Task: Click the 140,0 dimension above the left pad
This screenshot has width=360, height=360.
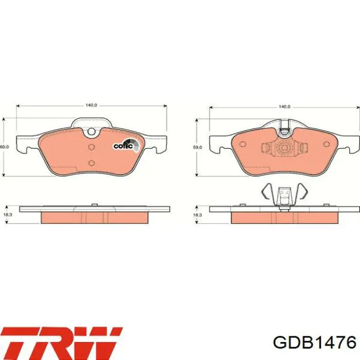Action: (x=92, y=105)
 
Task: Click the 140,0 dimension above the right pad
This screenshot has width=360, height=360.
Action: (x=284, y=107)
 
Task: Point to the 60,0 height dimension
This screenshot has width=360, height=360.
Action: (x=4, y=147)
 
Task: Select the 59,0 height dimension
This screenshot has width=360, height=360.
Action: (x=197, y=147)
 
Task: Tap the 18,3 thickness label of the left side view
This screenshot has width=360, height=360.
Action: (x=8, y=214)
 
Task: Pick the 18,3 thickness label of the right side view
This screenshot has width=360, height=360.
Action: (x=197, y=215)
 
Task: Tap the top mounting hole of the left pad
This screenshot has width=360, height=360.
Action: (x=92, y=131)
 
